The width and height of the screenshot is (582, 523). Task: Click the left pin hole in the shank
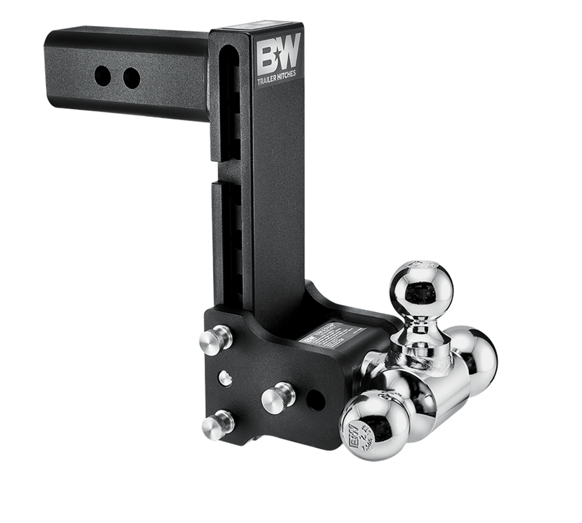[102, 74]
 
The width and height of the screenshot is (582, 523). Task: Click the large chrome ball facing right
[477, 354]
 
